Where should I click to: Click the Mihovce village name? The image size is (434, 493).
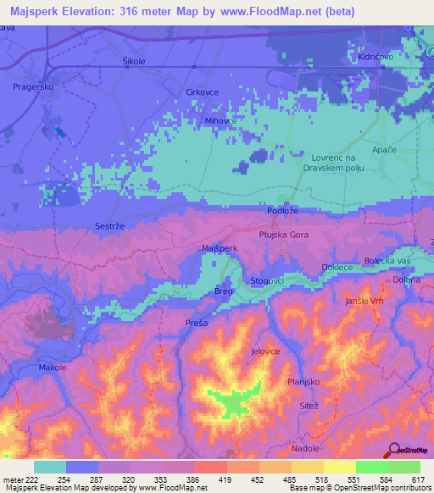click(220, 120)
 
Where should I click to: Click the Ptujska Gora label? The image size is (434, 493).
click(284, 234)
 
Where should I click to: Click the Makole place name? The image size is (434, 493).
click(53, 368)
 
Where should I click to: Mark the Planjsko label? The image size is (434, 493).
click(303, 381)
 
